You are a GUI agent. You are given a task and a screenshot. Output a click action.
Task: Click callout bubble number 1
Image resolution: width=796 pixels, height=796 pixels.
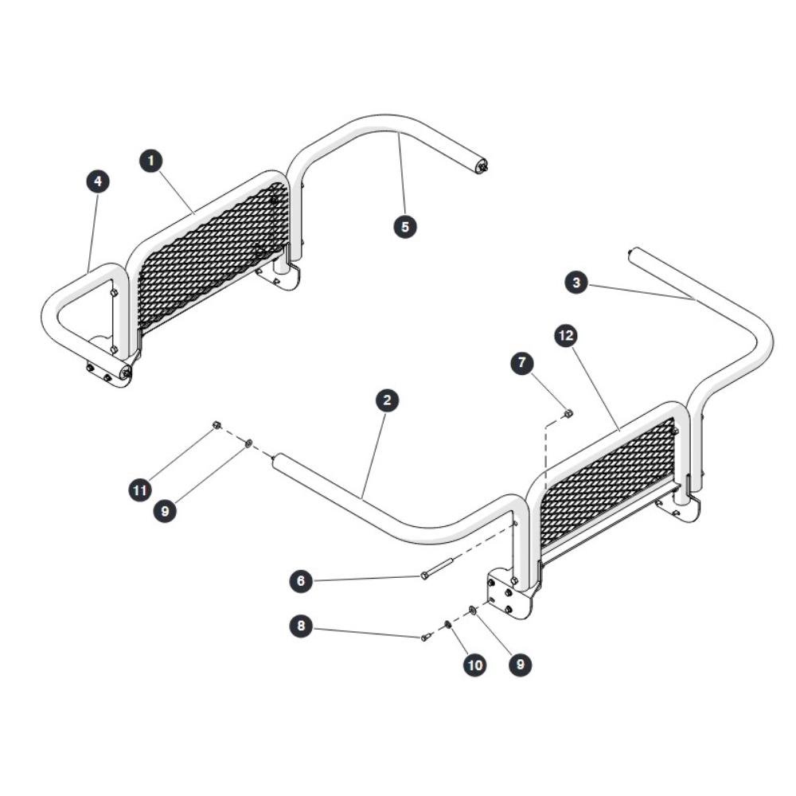click(x=150, y=161)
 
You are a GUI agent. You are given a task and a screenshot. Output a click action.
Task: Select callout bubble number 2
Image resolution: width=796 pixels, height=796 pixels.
click(x=388, y=400)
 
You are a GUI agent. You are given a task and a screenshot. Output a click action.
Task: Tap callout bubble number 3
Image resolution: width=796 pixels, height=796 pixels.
click(x=576, y=283)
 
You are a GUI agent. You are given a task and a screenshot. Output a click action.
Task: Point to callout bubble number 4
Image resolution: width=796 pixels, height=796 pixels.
click(x=98, y=181)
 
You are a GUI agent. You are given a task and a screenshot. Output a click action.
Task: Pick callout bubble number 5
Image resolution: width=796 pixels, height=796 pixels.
click(x=405, y=226)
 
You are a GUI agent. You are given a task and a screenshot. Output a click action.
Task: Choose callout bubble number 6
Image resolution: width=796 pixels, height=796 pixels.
click(x=301, y=580)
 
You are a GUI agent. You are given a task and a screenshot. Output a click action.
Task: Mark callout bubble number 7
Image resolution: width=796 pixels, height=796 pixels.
click(x=522, y=364)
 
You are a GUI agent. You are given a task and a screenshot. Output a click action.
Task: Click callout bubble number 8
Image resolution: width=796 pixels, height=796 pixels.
click(x=301, y=625)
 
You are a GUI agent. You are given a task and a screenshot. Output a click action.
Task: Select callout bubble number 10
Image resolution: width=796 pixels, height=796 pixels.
click(x=475, y=665)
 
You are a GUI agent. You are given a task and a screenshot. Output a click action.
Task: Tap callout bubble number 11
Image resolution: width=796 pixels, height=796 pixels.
click(x=140, y=490)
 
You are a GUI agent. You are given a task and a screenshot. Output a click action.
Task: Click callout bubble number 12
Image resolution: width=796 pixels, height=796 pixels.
click(x=567, y=336)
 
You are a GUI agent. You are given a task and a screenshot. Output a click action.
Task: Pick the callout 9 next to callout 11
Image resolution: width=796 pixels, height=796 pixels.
click(x=165, y=511)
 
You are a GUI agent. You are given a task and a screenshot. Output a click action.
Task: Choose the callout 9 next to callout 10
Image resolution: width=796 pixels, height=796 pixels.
click(x=521, y=664)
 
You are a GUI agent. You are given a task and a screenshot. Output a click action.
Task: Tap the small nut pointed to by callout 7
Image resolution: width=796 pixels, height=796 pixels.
click(x=568, y=414)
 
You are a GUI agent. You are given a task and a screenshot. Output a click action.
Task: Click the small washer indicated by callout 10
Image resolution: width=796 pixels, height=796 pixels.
click(x=448, y=623)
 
